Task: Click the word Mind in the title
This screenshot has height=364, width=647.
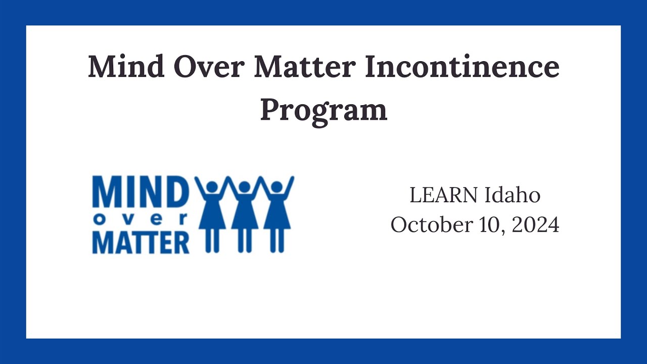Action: (x=126, y=67)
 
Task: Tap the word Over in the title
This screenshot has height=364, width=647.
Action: (x=209, y=67)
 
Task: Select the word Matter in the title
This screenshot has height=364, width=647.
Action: (x=305, y=67)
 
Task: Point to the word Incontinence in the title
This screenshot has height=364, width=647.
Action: (x=462, y=67)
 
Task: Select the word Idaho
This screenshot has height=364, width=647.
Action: (x=513, y=195)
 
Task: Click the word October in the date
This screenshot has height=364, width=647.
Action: (x=432, y=224)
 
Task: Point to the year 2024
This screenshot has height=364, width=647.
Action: (x=535, y=225)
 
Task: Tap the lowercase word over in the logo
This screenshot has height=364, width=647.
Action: (x=141, y=220)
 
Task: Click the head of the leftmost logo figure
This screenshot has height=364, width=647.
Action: (x=212, y=187)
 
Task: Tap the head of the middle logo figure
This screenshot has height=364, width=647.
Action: (x=245, y=187)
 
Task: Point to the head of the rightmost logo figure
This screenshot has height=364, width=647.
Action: (x=277, y=187)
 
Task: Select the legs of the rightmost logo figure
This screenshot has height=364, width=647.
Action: (x=277, y=241)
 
